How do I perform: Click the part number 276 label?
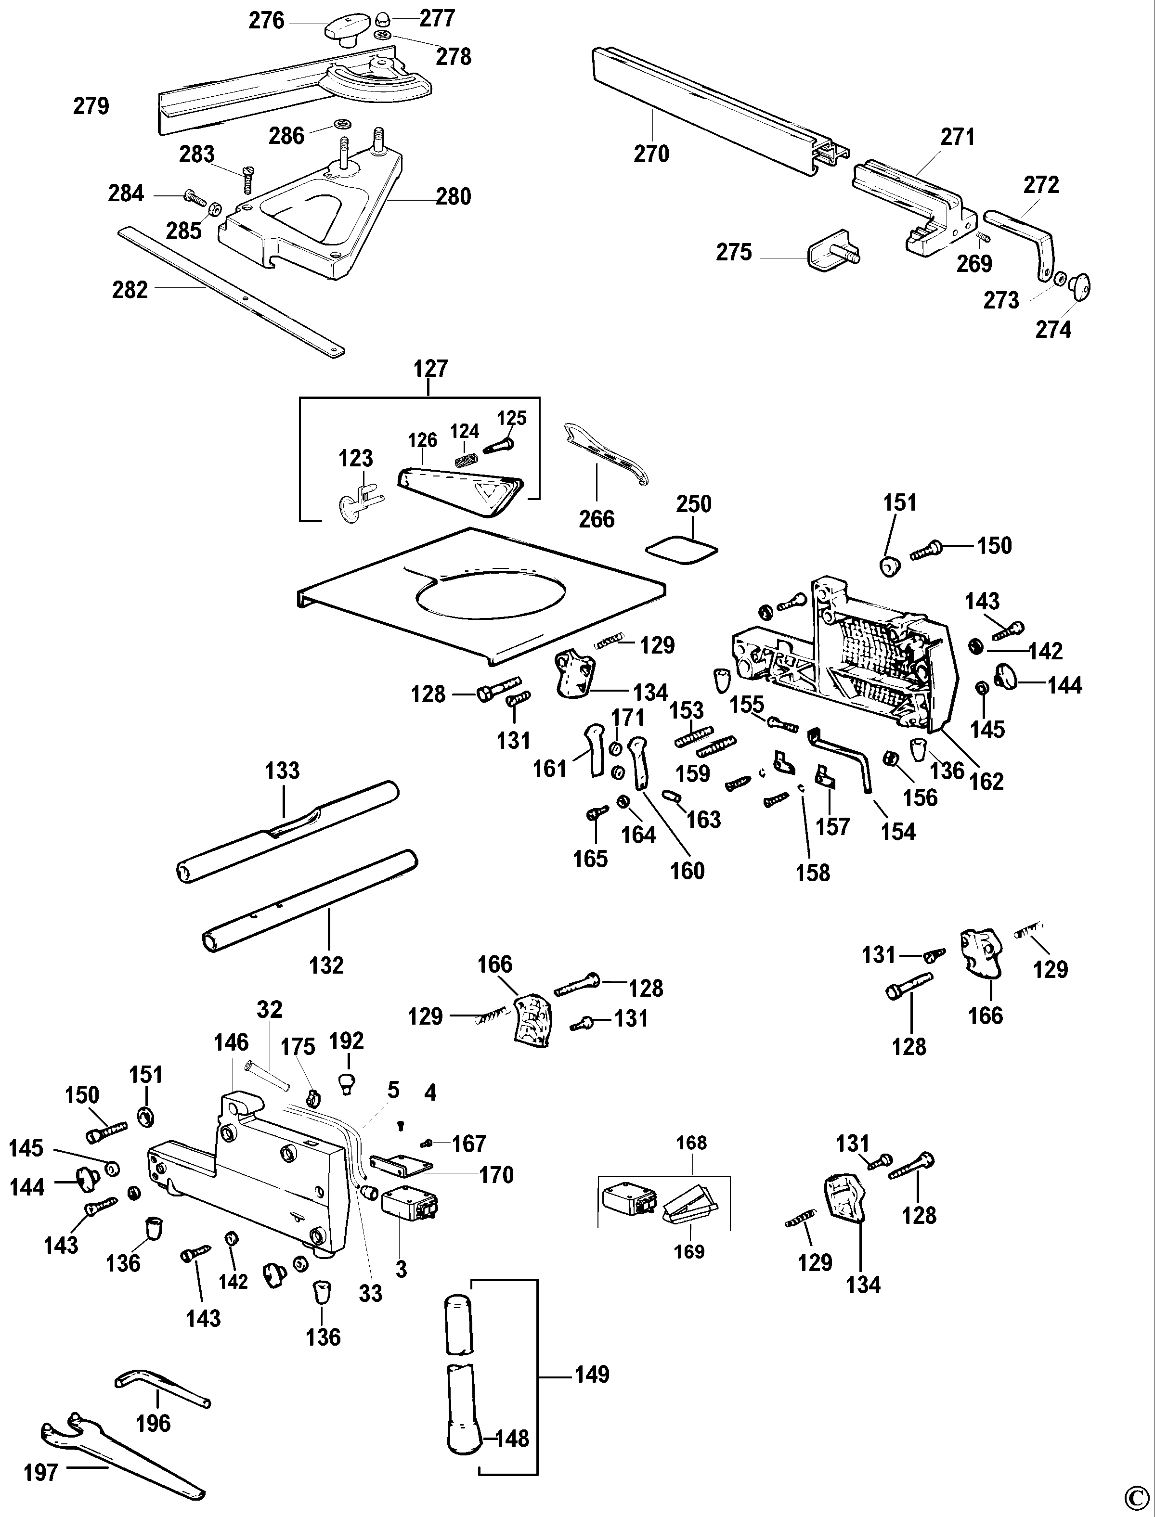tap(266, 21)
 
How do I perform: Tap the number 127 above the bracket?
tap(430, 369)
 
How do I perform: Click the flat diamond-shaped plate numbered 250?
tap(682, 551)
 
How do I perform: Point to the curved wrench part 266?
tap(605, 457)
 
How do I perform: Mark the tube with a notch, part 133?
tap(289, 832)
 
